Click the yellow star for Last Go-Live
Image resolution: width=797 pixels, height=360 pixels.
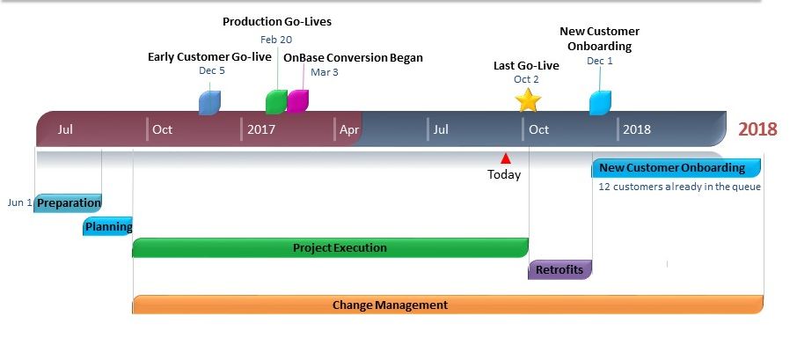[528, 100]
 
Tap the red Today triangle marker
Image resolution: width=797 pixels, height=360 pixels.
[505, 158]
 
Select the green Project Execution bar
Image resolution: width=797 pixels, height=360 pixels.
[331, 247]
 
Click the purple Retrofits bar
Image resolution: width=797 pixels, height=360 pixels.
[560, 269]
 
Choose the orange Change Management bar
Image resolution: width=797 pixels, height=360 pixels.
[448, 305]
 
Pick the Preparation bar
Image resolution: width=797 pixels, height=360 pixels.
[68, 202]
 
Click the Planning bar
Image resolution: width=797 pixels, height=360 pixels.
[107, 226]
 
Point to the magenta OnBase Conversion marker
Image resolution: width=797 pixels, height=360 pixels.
[298, 100]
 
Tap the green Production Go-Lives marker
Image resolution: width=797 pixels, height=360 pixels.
[276, 102]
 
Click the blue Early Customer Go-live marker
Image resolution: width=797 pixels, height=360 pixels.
[209, 103]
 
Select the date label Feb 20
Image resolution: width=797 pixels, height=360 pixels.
[276, 40]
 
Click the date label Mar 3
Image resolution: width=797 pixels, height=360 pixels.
[325, 72]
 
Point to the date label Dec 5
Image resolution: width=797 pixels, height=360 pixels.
[211, 70]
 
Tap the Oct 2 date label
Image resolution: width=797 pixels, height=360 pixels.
[526, 79]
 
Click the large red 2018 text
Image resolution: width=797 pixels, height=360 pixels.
[758, 129]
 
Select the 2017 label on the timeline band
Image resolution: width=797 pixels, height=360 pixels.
[261, 129]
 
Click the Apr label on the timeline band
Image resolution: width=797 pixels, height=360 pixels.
[349, 129]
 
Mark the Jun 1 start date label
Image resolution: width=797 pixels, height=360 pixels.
[20, 202]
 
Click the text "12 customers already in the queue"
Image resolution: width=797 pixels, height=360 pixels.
[680, 187]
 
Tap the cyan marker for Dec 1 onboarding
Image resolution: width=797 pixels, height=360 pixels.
[600, 103]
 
